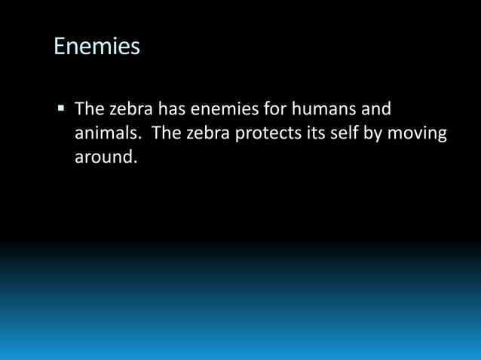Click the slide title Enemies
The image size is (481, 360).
coord(97,47)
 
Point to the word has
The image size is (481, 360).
coord(172,109)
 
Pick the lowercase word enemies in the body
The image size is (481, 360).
coord(223,109)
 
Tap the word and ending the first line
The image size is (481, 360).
coord(375,109)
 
